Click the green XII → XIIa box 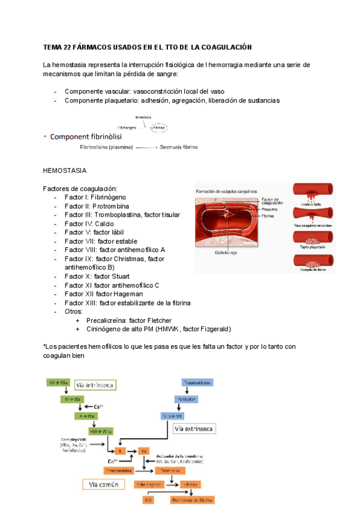pyautogui.click(x=59, y=382)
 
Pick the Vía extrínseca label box pyautogui.click(x=193, y=429)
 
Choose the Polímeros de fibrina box pyautogui.click(x=193, y=499)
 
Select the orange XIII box pyautogui.click(x=148, y=499)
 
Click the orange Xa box pyautogui.click(x=144, y=450)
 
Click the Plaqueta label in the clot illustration pyautogui.click(x=269, y=209)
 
